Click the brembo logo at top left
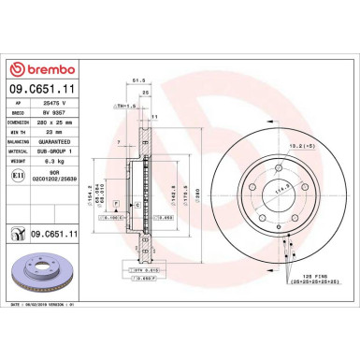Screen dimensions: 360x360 44,68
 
